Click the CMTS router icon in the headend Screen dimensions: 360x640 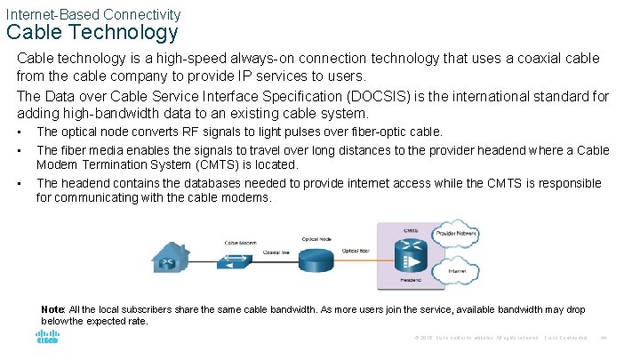[412, 259]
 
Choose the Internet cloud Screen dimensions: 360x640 [457, 270]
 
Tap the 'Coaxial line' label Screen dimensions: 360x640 [279, 252]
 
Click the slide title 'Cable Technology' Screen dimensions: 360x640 [92, 33]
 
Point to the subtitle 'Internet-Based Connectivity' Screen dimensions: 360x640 [92, 13]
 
